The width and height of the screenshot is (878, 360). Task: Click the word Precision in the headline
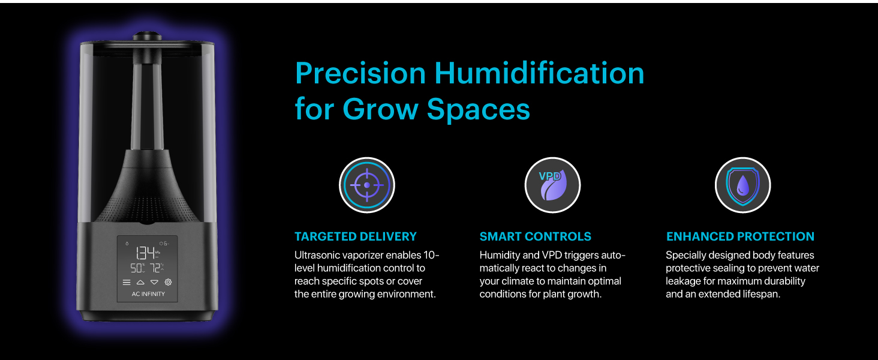(360, 74)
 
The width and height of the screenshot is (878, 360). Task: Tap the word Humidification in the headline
(539, 74)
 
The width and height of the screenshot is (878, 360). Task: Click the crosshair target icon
(367, 185)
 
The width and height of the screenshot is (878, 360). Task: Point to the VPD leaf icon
(552, 185)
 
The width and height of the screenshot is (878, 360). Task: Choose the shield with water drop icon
(742, 185)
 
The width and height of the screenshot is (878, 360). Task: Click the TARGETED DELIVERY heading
(355, 236)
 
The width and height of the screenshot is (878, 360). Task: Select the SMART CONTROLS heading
(535, 236)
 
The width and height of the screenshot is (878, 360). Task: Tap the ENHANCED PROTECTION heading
(740, 236)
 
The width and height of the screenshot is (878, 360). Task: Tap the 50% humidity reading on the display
(137, 268)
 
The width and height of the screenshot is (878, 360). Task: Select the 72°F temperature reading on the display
(156, 268)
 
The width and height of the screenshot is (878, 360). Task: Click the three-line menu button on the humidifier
(127, 282)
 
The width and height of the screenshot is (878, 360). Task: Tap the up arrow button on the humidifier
(140, 282)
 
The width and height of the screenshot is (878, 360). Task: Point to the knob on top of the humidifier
(147, 36)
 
